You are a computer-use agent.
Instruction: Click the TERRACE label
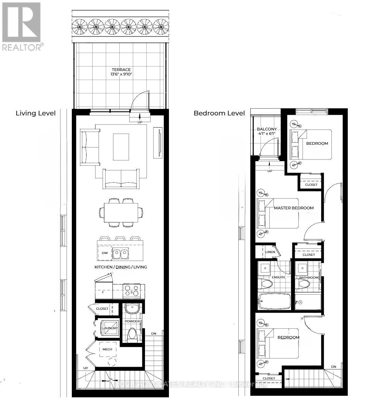point(123,70)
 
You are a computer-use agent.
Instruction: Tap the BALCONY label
point(267,129)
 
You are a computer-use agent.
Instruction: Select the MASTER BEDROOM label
point(293,208)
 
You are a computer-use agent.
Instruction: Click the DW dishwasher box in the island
point(105,253)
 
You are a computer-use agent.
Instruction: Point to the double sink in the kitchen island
point(121,253)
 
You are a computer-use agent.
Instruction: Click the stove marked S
point(132,290)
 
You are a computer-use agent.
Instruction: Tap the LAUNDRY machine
point(110,328)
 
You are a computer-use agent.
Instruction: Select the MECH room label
point(107,349)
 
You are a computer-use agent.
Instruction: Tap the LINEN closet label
point(270,252)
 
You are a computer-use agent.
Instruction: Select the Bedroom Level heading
point(219,113)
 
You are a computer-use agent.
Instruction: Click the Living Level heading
point(36,113)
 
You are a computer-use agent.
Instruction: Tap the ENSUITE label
point(278,277)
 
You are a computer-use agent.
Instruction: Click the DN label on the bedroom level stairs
point(333,367)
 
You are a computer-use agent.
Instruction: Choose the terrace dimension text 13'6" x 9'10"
point(123,75)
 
